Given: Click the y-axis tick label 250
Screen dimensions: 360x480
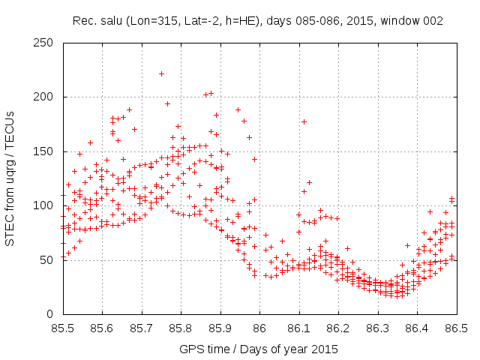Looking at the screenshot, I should pos(46,43).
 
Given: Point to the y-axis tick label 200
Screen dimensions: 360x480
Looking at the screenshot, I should pos(46,97).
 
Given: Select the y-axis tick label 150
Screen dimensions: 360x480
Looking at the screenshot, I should pos(46,151).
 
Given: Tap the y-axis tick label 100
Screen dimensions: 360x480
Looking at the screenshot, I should pos(46,206).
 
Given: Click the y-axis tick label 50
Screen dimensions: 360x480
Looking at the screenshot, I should pos(49,260).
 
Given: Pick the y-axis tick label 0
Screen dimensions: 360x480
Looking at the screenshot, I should pos(52,315).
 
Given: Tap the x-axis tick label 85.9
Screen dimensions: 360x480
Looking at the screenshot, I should pos(220,329).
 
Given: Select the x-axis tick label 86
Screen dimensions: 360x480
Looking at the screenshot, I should pos(259,329).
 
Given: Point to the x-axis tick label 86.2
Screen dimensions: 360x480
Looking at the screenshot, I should pos(338,329).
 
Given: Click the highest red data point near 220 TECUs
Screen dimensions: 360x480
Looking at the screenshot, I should pos(161,73).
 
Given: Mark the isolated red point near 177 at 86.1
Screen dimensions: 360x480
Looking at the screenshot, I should pos(304,121).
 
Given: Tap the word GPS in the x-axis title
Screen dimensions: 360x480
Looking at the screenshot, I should pos(191,349).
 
